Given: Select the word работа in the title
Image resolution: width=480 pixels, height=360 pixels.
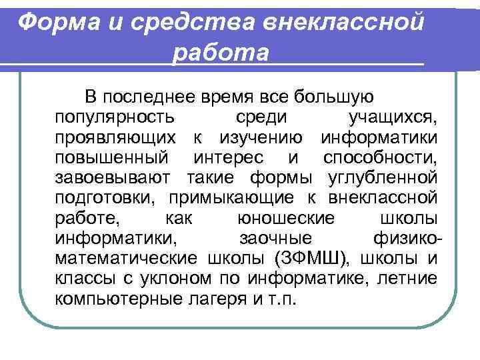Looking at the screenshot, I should click(x=221, y=53).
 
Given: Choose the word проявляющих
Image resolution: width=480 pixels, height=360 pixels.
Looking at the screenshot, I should click(x=117, y=139).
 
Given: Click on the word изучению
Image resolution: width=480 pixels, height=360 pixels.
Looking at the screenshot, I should click(x=261, y=139).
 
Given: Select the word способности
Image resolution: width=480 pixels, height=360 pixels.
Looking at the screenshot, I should click(x=380, y=159).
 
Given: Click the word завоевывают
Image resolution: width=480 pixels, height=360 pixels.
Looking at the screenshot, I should click(x=115, y=178).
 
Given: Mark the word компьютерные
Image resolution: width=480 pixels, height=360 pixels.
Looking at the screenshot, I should click(x=119, y=297).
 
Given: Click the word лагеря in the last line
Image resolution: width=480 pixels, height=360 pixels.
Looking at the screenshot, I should click(x=224, y=297).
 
